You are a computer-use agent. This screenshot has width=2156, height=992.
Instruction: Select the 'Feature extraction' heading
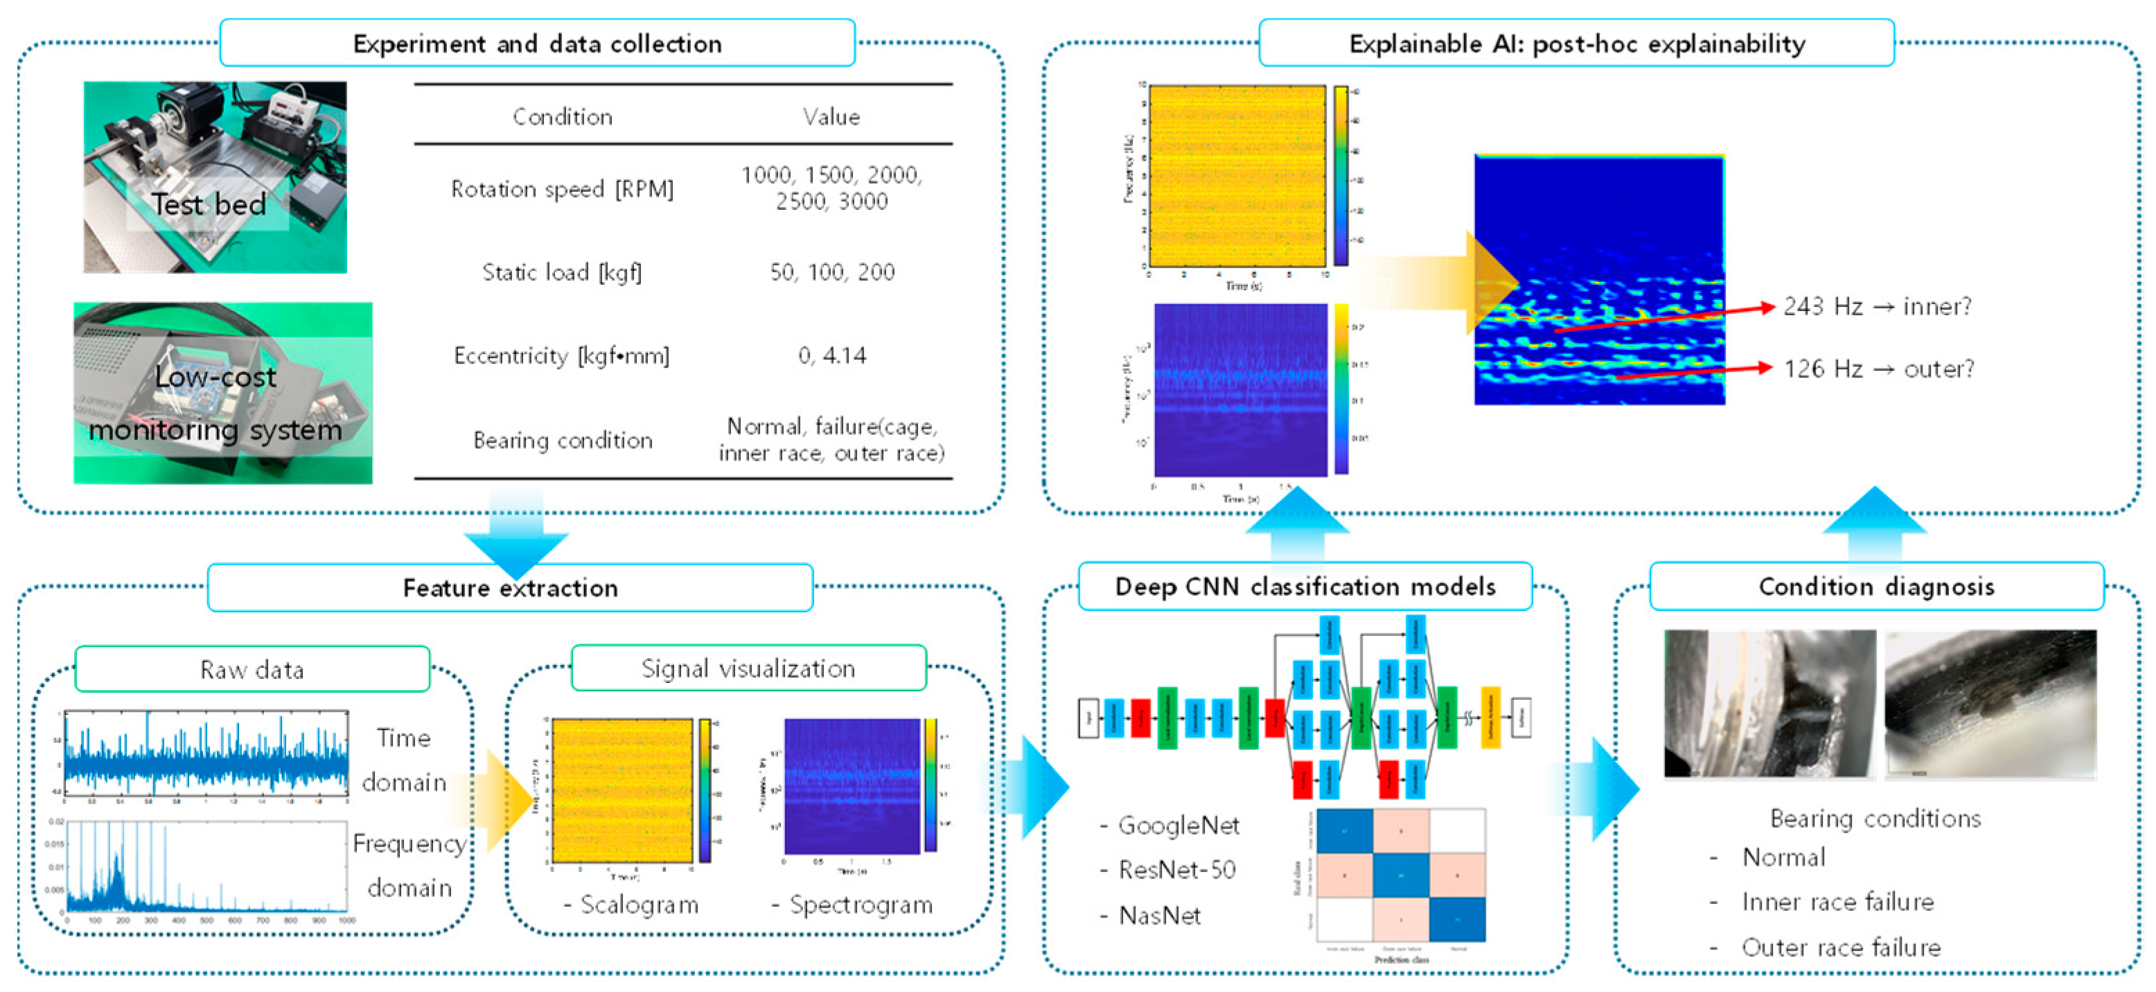click(510, 587)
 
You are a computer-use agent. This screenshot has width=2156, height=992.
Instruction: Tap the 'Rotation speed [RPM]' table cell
click(562, 189)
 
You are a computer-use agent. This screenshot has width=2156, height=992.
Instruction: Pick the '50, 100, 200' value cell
click(832, 272)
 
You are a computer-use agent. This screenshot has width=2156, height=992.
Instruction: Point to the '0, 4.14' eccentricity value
click(832, 356)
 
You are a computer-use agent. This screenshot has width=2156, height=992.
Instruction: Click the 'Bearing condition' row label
click(563, 441)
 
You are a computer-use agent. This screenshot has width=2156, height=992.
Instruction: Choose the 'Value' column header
click(831, 117)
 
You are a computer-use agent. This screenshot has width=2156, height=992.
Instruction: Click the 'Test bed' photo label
click(209, 204)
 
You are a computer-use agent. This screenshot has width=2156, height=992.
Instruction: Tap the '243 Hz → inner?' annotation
click(1877, 306)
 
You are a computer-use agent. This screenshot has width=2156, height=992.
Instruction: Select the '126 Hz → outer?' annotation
click(1878, 369)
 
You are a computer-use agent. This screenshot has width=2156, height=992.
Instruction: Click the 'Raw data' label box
click(252, 670)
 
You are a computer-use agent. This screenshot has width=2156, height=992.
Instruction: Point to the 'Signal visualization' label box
click(748, 668)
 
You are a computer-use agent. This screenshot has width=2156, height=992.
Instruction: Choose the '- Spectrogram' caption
click(853, 905)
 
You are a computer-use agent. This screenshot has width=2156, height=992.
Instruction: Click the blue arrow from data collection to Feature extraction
click(515, 535)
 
